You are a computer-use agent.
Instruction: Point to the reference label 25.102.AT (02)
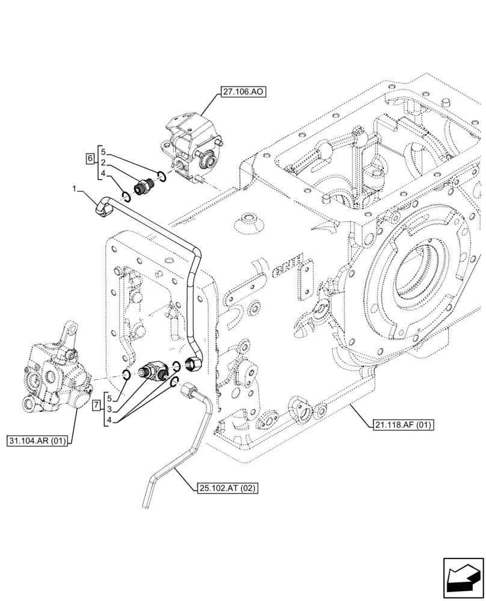226,489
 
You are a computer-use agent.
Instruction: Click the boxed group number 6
90,159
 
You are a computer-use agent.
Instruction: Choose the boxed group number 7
96,407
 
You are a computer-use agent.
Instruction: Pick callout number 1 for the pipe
75,189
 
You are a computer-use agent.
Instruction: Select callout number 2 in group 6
104,163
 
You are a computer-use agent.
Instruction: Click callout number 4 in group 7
109,419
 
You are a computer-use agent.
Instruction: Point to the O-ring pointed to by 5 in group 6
161,175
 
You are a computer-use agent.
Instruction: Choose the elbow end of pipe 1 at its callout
103,207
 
